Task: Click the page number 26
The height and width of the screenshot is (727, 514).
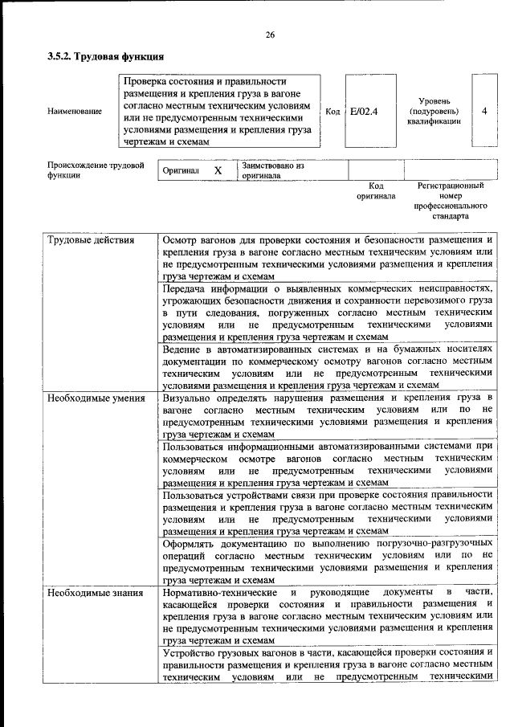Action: pos(270,35)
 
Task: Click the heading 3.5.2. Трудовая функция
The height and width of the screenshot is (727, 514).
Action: pos(105,57)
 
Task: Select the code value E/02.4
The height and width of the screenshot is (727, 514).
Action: pos(364,111)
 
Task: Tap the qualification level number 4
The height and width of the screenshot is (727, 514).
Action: pos(484,111)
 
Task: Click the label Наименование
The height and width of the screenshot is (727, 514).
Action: pos(75,111)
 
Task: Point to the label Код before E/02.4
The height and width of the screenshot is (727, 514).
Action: pos(332,111)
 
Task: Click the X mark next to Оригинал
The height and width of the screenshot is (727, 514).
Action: pos(218,171)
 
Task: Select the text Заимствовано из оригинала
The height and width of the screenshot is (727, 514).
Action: pos(273,170)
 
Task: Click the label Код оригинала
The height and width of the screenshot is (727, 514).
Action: pos(376,190)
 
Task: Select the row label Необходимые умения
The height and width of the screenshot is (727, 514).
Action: pos(96,398)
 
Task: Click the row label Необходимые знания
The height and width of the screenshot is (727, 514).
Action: pos(95,593)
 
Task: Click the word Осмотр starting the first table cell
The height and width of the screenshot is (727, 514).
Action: pos(181,240)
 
